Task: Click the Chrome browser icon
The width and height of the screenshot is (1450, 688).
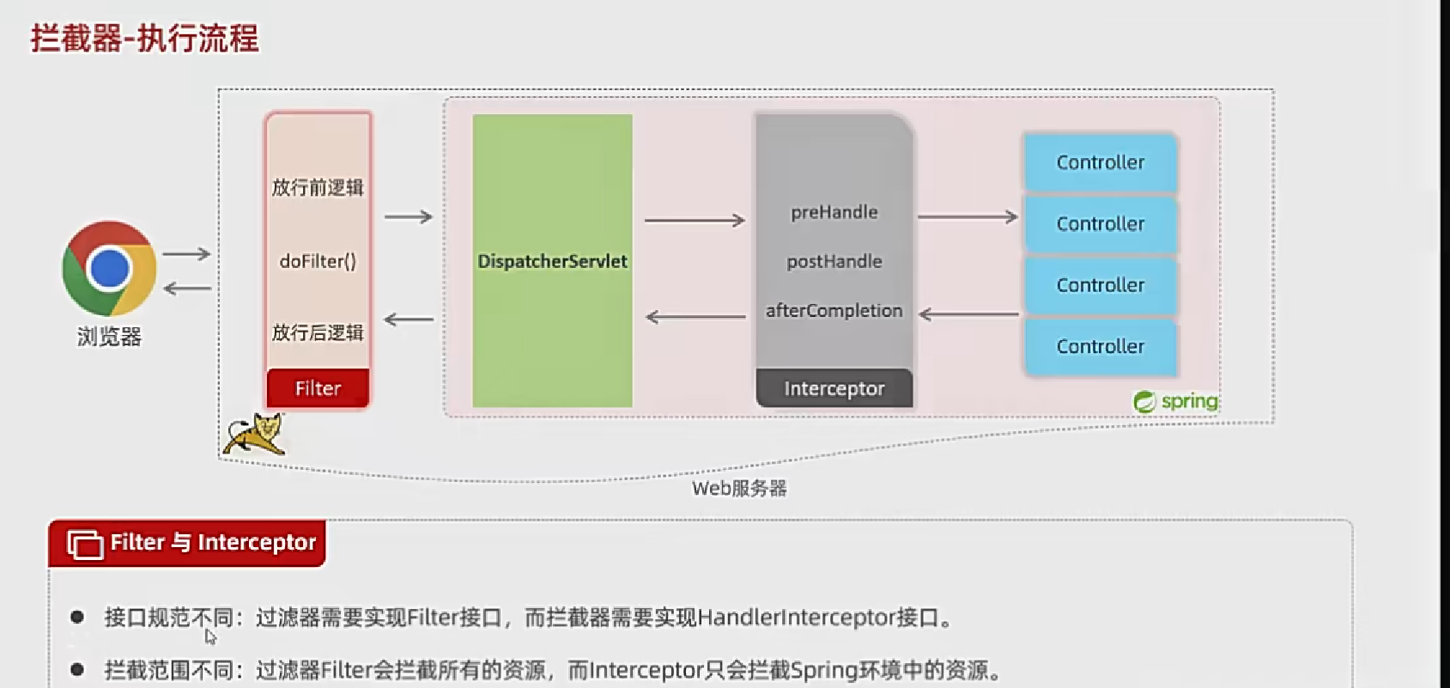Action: (109, 269)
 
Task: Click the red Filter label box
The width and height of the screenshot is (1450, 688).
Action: (318, 388)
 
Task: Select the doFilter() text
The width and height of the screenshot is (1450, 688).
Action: (318, 261)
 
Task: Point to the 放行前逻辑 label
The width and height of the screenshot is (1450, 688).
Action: (318, 187)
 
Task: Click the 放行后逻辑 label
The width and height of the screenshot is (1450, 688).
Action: (318, 332)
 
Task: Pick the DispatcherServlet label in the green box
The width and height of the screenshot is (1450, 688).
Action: (552, 261)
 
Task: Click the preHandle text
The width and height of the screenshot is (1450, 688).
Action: (834, 212)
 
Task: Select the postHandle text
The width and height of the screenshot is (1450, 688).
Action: (834, 261)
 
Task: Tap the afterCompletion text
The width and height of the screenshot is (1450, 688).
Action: (834, 310)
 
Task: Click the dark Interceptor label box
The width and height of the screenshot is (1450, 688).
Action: (834, 388)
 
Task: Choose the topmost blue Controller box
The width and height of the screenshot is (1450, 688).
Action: (1100, 162)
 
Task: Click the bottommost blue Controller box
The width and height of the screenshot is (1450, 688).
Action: (1100, 346)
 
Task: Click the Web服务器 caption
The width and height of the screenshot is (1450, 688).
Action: (739, 489)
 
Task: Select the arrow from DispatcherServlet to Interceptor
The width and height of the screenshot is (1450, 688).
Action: (695, 221)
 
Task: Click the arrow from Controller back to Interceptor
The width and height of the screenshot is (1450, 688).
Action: (968, 314)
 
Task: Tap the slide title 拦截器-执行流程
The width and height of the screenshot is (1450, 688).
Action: (144, 39)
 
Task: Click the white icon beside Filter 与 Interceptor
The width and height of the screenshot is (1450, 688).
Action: (84, 544)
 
